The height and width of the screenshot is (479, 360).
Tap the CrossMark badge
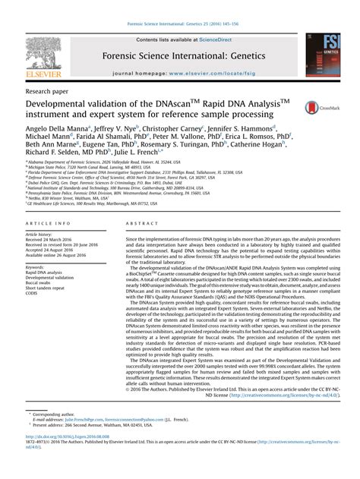pos(317,109)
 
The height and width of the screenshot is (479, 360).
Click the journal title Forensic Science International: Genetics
pos(178,55)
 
